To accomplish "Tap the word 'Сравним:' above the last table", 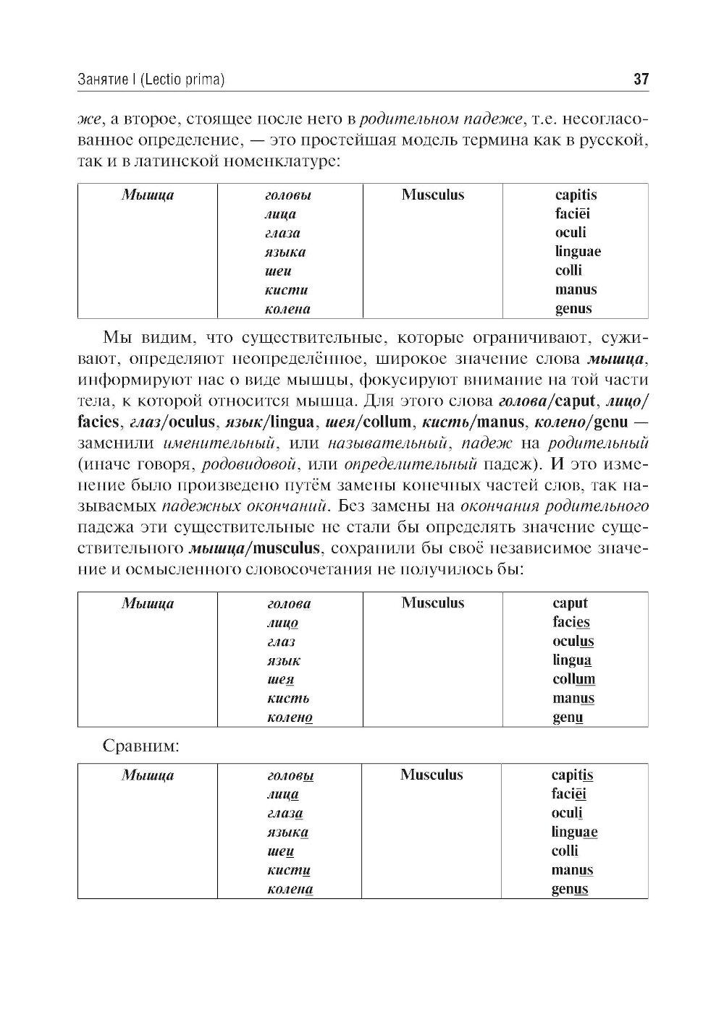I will (141, 746).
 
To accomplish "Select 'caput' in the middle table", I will (571, 603).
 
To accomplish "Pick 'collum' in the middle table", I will (573, 679).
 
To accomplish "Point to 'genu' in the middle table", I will (568, 717).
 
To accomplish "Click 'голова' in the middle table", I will (289, 604).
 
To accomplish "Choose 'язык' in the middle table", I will (284, 660).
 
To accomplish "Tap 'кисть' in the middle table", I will (287, 699).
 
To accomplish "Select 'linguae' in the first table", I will (578, 252).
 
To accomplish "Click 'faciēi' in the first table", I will (573, 213).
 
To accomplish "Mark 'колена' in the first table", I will (287, 309).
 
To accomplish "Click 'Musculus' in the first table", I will (433, 195).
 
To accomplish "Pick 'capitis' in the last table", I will (572, 775).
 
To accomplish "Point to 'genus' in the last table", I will (570, 889).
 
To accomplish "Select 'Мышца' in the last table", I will (148, 775).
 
